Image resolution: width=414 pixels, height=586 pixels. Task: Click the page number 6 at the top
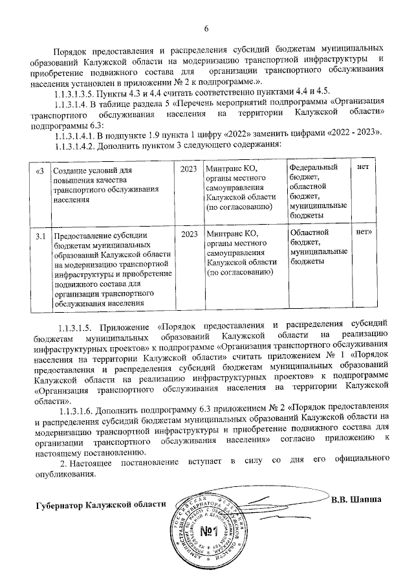[x=207, y=28]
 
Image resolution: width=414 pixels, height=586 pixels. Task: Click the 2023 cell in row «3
[x=190, y=170]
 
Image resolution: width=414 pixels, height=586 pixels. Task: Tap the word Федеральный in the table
[x=313, y=168]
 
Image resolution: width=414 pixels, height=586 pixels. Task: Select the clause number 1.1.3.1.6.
[x=80, y=411]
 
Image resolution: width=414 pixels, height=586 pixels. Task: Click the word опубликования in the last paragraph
[x=64, y=473]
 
